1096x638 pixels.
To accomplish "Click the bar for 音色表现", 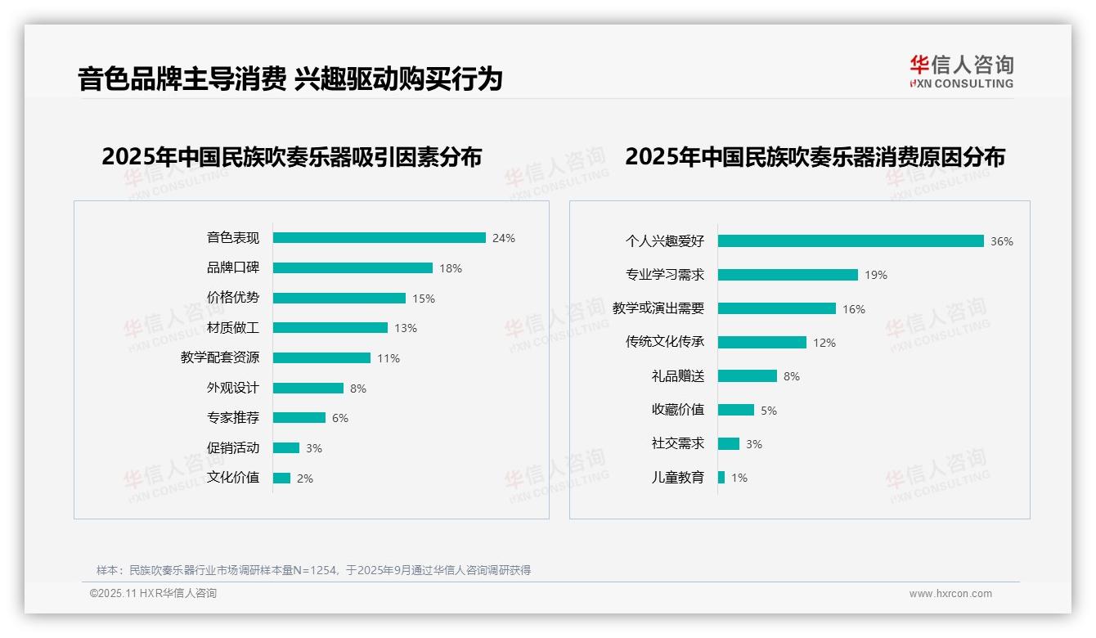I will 379,238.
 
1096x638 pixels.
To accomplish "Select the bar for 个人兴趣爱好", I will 851,241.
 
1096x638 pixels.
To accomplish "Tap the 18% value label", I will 451,268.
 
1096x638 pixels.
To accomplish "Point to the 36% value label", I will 1001,241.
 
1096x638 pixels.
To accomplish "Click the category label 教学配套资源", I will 220,357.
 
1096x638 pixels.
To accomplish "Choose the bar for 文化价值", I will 281,478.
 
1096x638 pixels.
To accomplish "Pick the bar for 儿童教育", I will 721,477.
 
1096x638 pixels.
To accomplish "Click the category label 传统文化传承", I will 665,342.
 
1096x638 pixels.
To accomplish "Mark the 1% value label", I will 739,478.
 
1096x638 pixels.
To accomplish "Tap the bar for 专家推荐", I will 299,418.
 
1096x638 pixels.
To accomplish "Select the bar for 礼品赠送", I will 748,376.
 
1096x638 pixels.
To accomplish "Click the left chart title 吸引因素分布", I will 291,156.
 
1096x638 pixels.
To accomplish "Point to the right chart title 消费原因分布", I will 815,156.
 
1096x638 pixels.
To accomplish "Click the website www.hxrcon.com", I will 950,594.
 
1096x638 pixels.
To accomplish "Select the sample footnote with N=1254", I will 313,570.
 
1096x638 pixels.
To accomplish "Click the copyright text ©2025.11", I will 153,594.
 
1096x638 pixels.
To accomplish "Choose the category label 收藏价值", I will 678,410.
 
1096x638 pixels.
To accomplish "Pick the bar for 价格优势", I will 339,298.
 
